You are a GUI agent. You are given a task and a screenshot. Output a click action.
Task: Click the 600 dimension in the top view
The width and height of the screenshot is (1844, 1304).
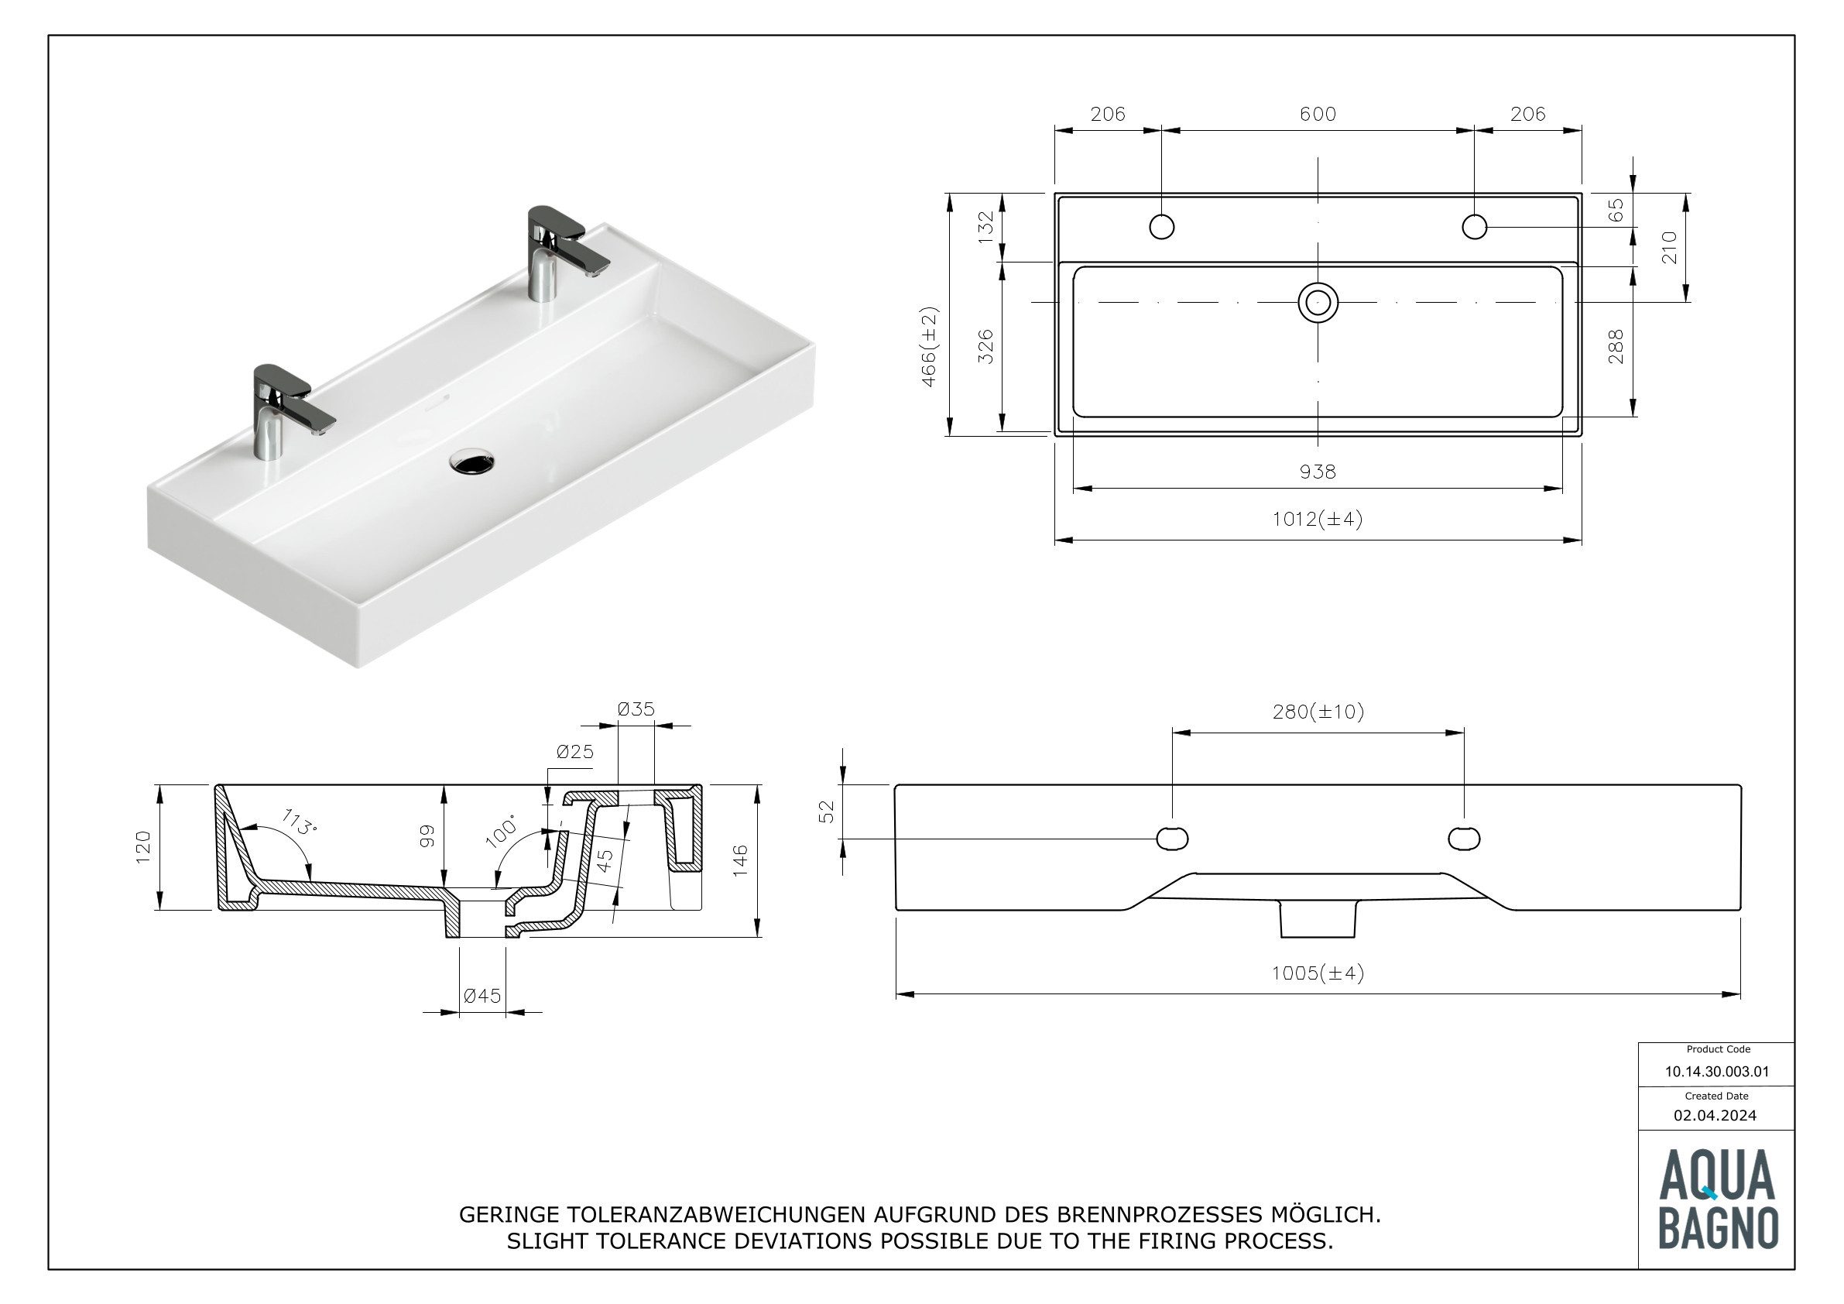[1318, 114]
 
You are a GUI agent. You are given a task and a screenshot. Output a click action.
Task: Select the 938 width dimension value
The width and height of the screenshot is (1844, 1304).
[1318, 472]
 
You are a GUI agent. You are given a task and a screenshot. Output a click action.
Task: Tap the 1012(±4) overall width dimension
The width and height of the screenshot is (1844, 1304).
[1318, 519]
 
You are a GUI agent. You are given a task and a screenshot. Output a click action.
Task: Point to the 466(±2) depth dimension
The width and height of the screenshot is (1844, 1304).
[929, 346]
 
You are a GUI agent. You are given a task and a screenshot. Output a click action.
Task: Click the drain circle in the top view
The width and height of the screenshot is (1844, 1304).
[1318, 303]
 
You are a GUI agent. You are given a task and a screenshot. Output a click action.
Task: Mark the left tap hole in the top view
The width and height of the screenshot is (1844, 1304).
[1161, 228]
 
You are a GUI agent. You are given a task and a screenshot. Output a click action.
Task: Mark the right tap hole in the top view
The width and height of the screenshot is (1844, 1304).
[1475, 228]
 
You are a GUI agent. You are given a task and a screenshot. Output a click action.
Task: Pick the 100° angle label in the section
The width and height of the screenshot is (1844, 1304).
[502, 832]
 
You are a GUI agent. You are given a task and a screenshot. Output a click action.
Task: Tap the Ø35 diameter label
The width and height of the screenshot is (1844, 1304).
[636, 709]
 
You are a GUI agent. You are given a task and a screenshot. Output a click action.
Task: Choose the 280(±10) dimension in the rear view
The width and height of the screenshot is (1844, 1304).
[1318, 712]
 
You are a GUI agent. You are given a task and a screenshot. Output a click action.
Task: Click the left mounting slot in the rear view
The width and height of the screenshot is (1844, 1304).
[1172, 838]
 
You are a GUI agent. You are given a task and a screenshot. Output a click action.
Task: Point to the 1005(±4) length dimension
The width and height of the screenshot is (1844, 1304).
[1318, 974]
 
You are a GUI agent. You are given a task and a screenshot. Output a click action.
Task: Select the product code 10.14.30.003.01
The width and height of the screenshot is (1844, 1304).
[1716, 1072]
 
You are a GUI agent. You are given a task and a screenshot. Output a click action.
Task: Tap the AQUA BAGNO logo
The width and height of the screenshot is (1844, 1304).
[1717, 1199]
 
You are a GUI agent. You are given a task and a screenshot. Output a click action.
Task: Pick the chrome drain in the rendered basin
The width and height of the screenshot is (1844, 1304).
[472, 462]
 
